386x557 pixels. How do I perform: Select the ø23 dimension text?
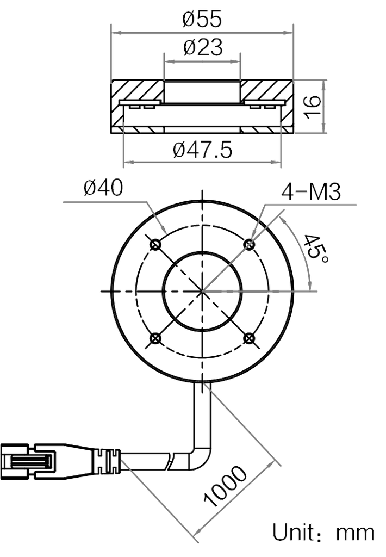[203, 49]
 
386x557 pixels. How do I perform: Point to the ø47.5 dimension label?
[202, 150]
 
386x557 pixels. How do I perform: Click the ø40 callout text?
[103, 189]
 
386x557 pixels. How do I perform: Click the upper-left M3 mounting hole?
[157, 245]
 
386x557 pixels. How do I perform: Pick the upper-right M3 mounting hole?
[250, 245]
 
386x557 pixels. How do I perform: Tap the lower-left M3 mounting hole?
[157, 338]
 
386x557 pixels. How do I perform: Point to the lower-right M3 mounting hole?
[250, 338]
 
